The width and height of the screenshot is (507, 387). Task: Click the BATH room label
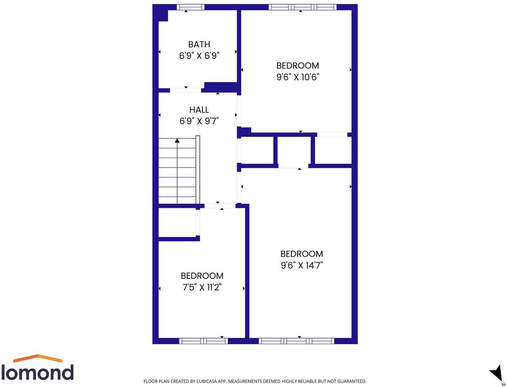[x=199, y=44]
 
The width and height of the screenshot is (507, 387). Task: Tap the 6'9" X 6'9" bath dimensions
[x=199, y=55]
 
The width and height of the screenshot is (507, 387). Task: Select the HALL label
[x=199, y=110]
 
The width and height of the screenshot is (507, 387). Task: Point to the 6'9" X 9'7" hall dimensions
[x=199, y=121]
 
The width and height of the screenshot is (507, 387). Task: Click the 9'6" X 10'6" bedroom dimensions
[x=297, y=77]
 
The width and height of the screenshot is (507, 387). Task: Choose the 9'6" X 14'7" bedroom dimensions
[x=302, y=265]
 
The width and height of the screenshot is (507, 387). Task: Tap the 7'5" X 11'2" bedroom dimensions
[x=202, y=287]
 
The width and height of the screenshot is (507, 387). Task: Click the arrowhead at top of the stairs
[x=177, y=140]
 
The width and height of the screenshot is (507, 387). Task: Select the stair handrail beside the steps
[x=198, y=170]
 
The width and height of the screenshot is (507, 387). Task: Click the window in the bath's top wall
[x=190, y=7]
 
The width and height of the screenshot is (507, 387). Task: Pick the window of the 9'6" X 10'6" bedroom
[x=303, y=7]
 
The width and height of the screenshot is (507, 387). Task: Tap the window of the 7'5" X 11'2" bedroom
[x=203, y=341]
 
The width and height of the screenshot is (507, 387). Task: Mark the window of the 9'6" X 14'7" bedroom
[x=296, y=341]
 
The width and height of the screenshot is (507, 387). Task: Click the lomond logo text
[x=37, y=372]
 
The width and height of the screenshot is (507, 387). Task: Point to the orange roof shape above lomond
[x=38, y=358]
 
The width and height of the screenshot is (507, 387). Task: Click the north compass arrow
[x=496, y=373]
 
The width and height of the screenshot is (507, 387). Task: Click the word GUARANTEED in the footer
[x=350, y=381]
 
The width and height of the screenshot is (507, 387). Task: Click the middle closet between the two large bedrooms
[x=294, y=151]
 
